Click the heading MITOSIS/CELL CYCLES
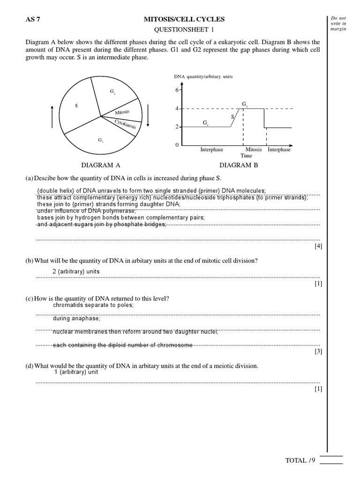point(184,19)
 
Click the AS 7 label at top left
point(32,19)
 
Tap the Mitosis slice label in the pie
point(122,112)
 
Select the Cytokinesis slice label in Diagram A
point(125,124)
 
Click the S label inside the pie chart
point(76,105)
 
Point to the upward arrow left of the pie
point(52,116)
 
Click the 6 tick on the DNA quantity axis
point(177,90)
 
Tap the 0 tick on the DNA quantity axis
point(177,145)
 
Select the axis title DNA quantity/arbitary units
point(203,76)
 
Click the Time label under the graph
point(246,156)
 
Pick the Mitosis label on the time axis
point(254,150)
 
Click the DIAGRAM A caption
point(101,165)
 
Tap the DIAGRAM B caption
point(239,165)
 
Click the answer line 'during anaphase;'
point(76,318)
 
